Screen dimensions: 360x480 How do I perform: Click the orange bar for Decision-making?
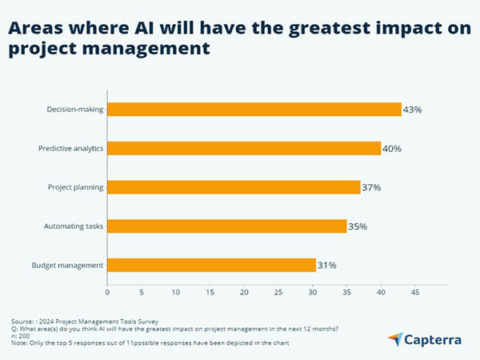point(254,110)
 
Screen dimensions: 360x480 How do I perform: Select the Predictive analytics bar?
point(244,148)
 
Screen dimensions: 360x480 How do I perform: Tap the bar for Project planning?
point(234,187)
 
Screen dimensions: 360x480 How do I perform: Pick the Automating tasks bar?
point(227,226)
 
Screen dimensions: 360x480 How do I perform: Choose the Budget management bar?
point(212,265)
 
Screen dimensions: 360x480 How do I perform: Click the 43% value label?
point(414,110)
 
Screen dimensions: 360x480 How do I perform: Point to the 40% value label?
point(392,149)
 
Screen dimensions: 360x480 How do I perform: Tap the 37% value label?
point(371,187)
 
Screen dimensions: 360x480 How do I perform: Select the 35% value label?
point(358,226)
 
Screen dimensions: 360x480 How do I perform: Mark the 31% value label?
point(327,265)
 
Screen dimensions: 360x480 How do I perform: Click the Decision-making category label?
point(74,110)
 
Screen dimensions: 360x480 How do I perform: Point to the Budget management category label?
point(67,265)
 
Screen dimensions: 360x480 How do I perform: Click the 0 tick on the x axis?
point(107,293)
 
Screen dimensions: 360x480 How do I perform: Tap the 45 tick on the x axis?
point(414,293)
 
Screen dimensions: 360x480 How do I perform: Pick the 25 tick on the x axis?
point(278,293)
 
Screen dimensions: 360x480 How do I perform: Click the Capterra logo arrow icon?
point(394,339)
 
